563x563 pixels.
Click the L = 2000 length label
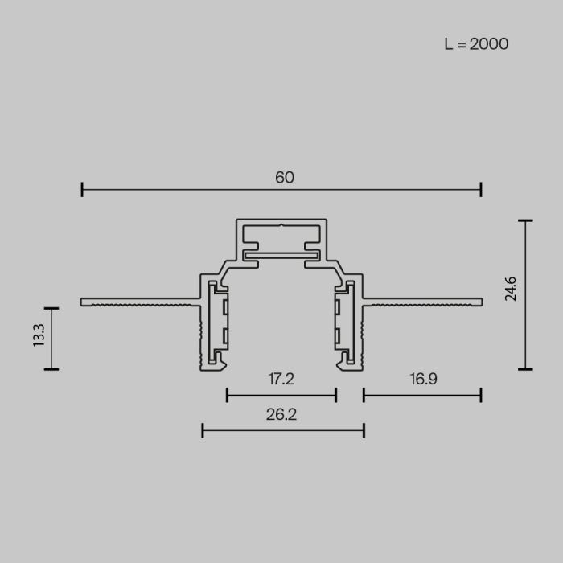476,44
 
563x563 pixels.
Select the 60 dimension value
285,177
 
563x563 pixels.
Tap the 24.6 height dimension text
511,288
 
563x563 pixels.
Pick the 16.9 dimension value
422,378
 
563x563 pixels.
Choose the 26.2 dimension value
281,415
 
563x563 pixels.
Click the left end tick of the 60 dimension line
82,190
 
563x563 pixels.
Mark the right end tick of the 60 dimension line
481,190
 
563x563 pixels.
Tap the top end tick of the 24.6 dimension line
526,220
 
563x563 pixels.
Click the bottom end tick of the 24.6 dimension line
526,369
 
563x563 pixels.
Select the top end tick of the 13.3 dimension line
51,308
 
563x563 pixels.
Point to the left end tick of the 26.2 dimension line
203,431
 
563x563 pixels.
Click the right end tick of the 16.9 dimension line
481,394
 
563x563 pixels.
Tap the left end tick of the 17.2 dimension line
228,394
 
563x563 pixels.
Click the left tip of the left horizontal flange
83,302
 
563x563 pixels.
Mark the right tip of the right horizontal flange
481,302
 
